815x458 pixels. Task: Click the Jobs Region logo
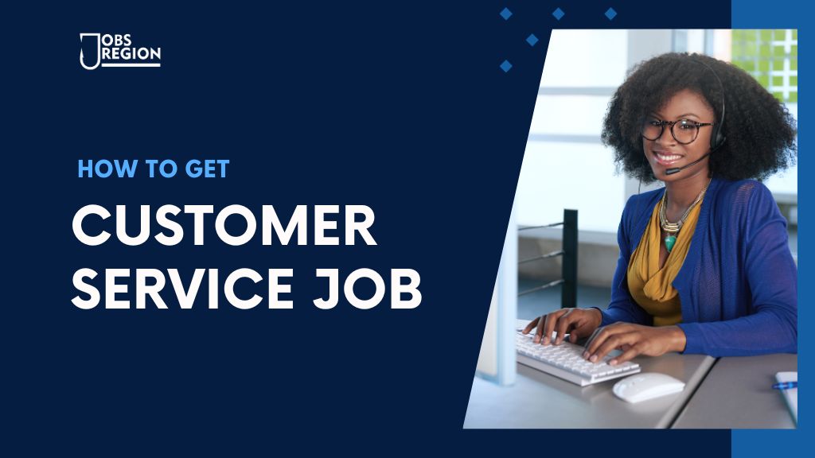tap(120, 51)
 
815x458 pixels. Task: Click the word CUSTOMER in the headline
tap(224, 225)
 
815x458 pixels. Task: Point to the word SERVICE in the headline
tap(182, 288)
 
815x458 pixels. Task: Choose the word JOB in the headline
tap(368, 288)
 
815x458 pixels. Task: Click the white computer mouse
tap(648, 387)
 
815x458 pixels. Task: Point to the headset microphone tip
tap(672, 170)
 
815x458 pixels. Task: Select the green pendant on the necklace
tap(670, 243)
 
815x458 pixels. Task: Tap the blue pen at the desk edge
tap(784, 386)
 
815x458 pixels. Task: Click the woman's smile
tap(667, 157)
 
